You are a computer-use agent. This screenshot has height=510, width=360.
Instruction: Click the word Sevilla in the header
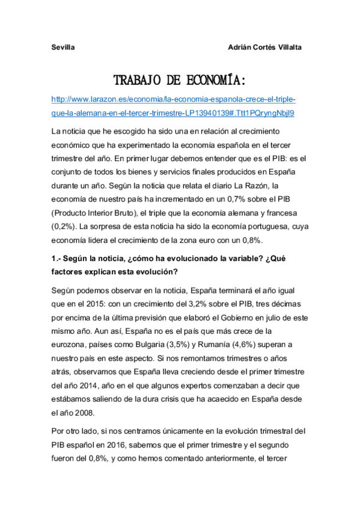click(62, 47)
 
